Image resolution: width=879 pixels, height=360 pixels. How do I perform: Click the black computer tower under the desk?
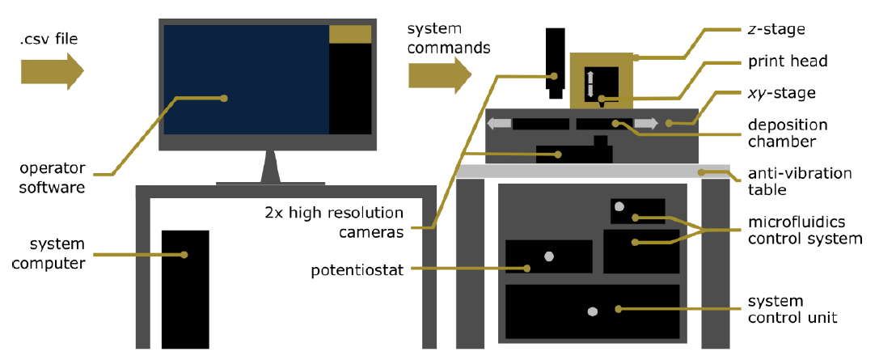185,289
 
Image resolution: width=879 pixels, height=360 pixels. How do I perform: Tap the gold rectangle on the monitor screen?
350,34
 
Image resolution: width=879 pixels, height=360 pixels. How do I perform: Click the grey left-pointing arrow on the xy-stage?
499,124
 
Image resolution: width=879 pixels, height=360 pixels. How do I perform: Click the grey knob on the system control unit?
592,311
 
